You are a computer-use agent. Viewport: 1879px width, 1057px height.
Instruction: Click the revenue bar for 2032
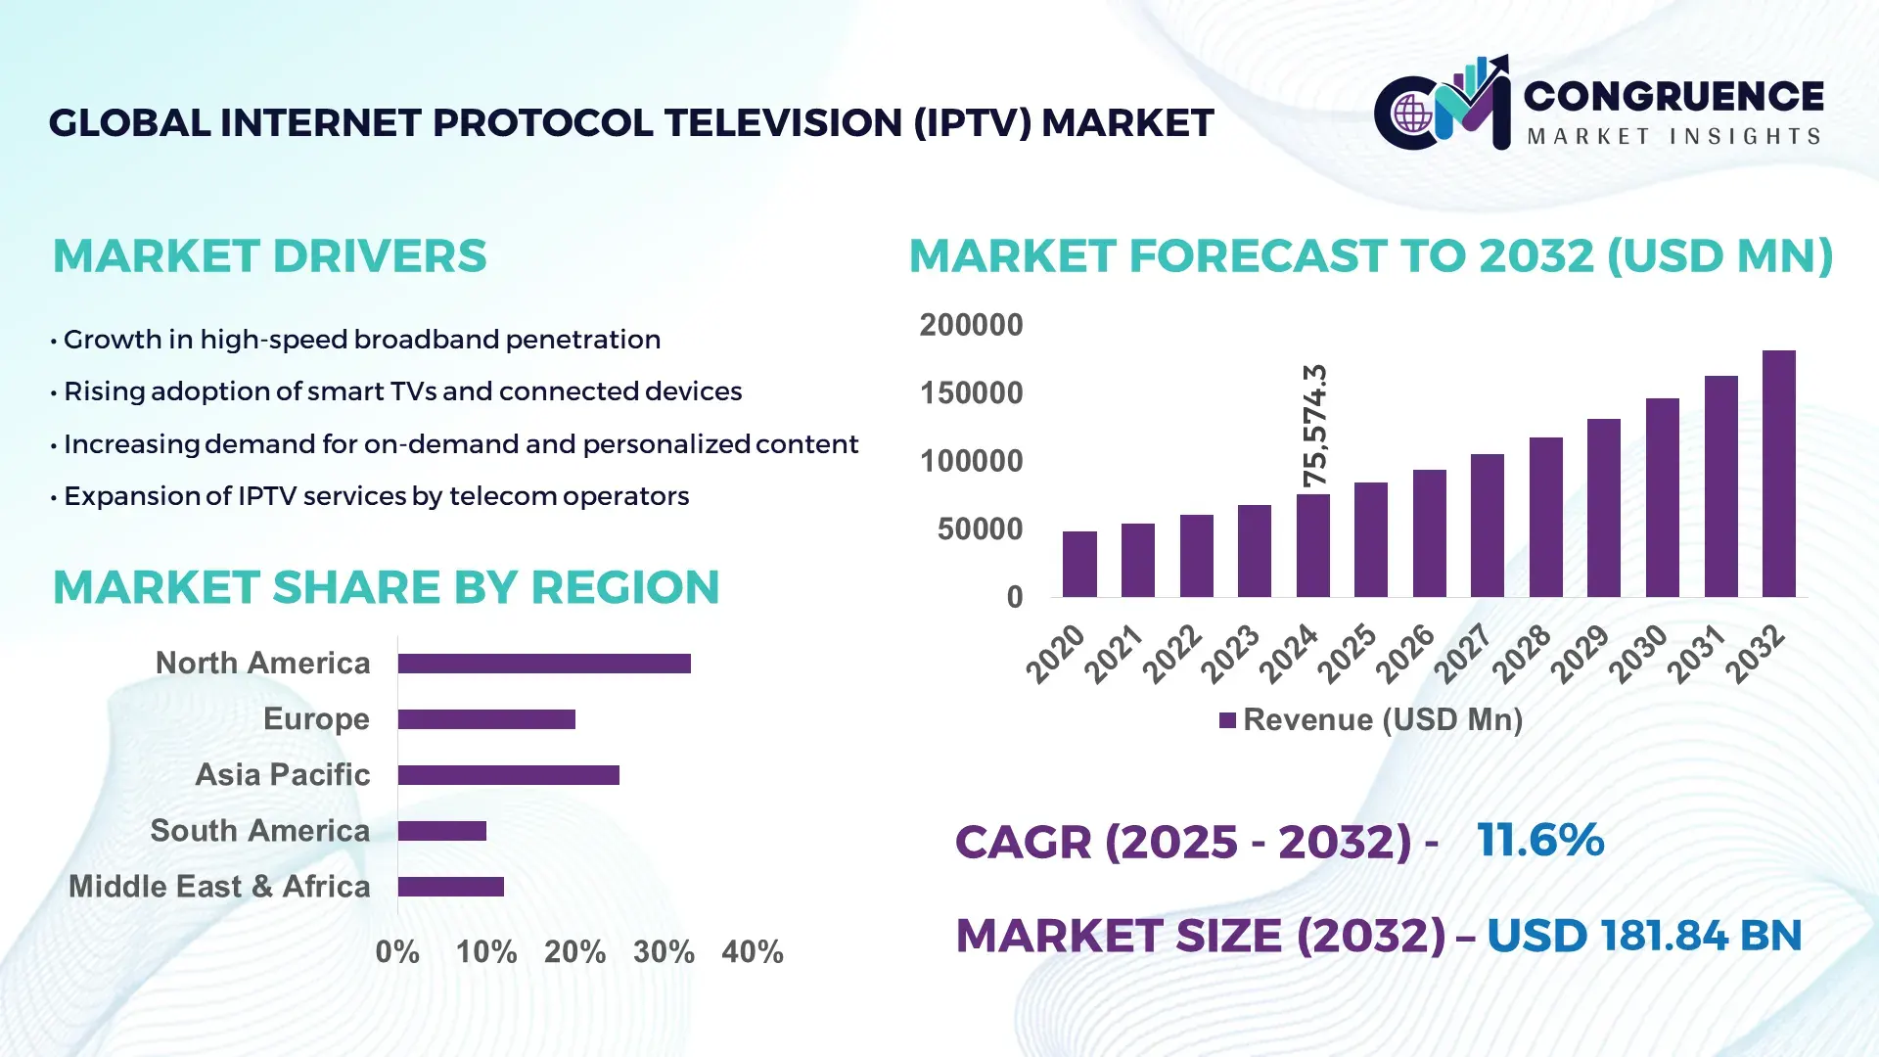click(1778, 474)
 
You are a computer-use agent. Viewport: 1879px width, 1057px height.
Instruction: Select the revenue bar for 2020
click(1079, 564)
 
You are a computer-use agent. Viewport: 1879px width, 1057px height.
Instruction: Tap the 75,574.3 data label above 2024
click(1314, 426)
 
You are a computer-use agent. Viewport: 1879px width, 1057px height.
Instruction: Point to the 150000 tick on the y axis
click(971, 393)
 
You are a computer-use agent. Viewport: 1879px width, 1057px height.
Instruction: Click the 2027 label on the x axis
click(1463, 654)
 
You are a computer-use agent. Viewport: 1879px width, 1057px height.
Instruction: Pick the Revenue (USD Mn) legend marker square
click(1227, 720)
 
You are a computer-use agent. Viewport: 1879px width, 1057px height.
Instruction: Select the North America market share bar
click(544, 664)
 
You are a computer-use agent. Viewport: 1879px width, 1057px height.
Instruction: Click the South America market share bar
click(441, 831)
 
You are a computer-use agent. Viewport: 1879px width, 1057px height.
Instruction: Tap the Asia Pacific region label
click(282, 775)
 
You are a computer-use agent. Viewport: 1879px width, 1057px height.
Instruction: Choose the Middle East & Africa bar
click(450, 887)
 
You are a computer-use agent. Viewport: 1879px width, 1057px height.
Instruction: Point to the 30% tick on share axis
click(664, 951)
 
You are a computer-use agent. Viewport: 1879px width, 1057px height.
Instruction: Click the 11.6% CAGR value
click(1539, 840)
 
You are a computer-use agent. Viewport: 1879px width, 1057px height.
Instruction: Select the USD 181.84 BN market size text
click(1644, 936)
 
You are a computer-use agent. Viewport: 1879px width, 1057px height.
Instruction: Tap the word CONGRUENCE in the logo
click(1673, 96)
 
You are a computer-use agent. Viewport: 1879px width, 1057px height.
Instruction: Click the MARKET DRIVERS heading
click(269, 256)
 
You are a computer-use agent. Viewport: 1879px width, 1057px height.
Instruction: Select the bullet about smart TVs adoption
click(401, 391)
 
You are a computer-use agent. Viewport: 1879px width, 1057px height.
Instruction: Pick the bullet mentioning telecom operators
click(376, 496)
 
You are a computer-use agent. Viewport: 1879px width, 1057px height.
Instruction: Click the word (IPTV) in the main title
click(972, 123)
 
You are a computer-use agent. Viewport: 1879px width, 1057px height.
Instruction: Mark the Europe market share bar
click(486, 719)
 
